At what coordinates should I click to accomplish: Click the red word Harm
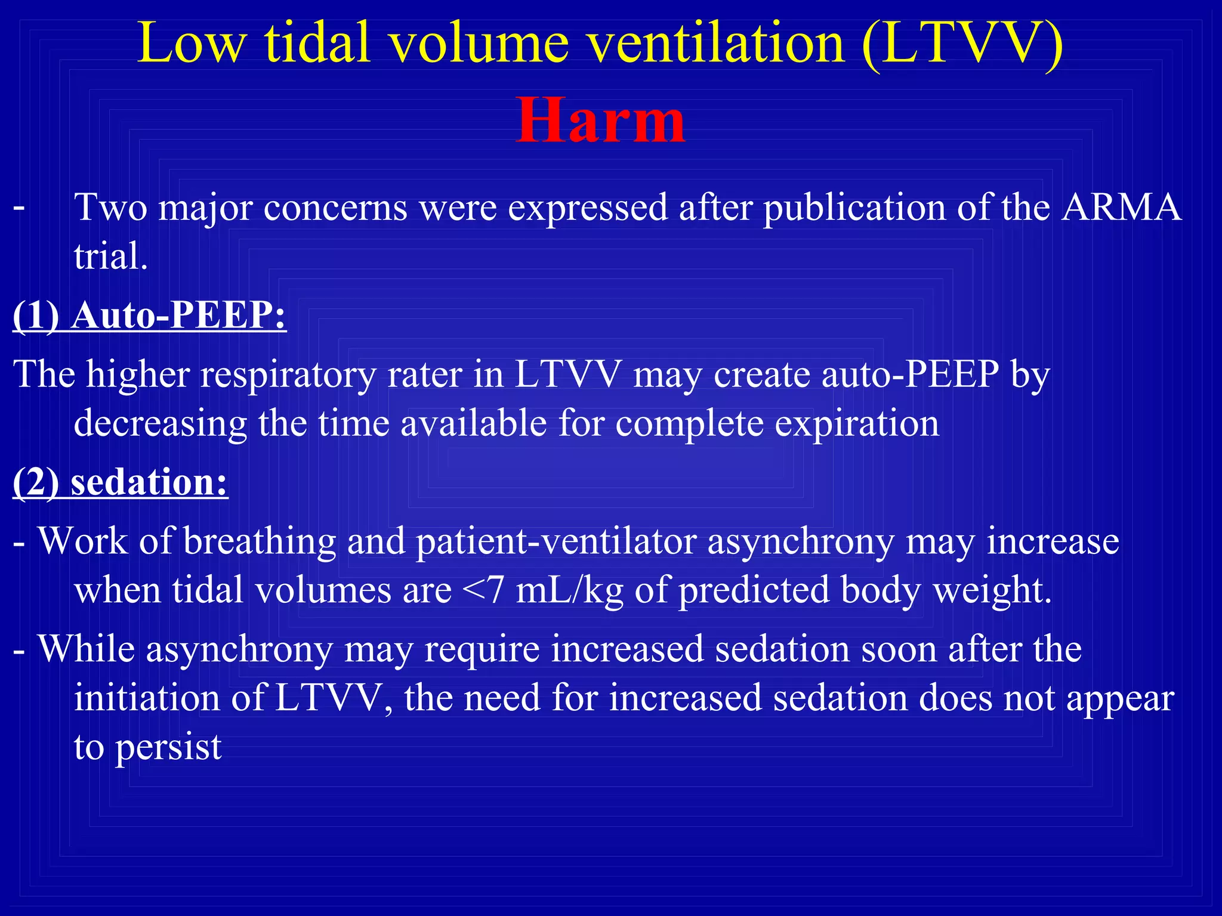point(600,121)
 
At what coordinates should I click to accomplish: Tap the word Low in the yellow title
point(191,43)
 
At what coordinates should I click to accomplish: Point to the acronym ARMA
point(1121,208)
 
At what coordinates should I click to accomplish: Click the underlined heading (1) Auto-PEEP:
point(149,315)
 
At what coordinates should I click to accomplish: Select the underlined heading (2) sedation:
point(121,482)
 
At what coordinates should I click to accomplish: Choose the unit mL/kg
point(569,590)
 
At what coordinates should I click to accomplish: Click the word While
point(87,649)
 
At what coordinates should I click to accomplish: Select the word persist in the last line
point(168,747)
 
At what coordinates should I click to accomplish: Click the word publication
point(854,208)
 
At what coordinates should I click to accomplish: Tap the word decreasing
point(160,423)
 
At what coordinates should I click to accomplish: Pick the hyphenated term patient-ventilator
point(556,541)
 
